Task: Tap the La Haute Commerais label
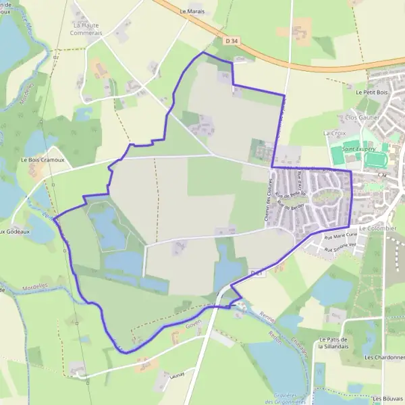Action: (88, 28)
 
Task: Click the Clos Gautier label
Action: (362, 117)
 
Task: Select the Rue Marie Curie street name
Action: (340, 236)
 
